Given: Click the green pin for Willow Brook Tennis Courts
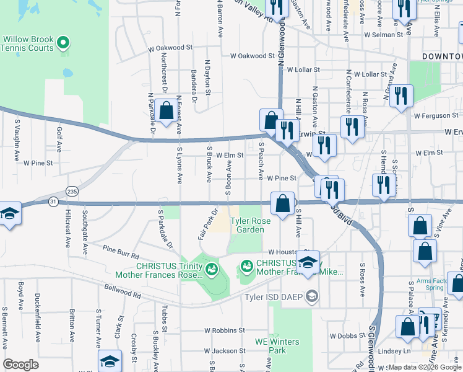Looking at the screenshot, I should tap(63, 43).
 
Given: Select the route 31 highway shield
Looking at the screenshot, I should tap(54, 201).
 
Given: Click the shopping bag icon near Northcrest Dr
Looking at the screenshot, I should tap(167, 112).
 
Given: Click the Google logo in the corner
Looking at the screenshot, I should tap(21, 365).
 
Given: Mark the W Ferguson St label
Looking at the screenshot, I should tap(438, 115).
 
